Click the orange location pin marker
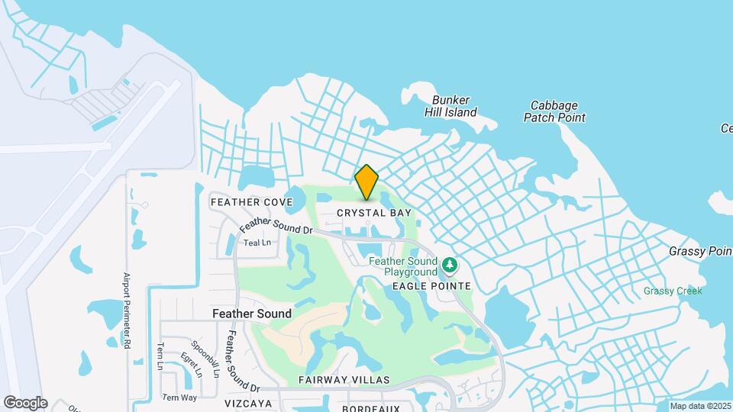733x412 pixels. pyautogui.click(x=367, y=182)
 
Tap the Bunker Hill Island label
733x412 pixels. pyautogui.click(x=450, y=106)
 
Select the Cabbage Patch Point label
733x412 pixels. pyautogui.click(x=554, y=111)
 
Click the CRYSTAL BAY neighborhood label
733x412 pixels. pyautogui.click(x=374, y=213)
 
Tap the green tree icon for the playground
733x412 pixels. pyautogui.click(x=450, y=266)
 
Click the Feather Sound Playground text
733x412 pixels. pyautogui.click(x=403, y=266)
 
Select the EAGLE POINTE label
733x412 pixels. pyautogui.click(x=431, y=285)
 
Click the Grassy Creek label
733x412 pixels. pyautogui.click(x=672, y=291)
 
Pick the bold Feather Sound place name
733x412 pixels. pyautogui.click(x=251, y=314)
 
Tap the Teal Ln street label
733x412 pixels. pyautogui.click(x=257, y=243)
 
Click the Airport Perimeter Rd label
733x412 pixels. pyautogui.click(x=128, y=311)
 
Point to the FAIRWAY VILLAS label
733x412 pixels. pyautogui.click(x=344, y=380)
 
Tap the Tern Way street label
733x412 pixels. pyautogui.click(x=179, y=398)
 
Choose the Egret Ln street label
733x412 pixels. pyautogui.click(x=189, y=364)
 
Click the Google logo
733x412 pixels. pyautogui.click(x=25, y=402)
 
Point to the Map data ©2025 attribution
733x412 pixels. pyautogui.click(x=699, y=406)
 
